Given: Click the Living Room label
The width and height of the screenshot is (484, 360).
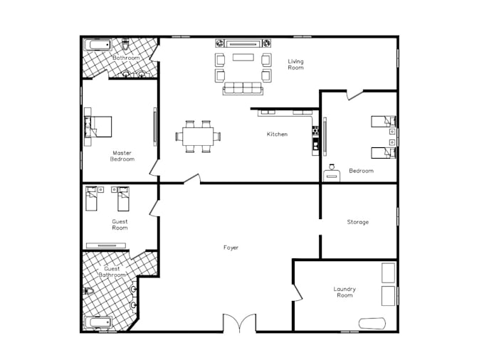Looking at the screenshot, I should [295, 64].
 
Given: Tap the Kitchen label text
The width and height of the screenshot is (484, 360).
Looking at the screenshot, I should [277, 134].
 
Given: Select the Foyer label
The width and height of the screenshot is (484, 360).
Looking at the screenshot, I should [231, 248].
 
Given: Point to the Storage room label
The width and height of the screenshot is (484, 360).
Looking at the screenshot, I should [357, 222].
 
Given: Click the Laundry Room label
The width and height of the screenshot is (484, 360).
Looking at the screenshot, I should [344, 292].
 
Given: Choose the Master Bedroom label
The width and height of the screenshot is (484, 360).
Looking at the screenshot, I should [122, 156].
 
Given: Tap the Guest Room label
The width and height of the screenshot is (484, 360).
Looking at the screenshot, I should [120, 225].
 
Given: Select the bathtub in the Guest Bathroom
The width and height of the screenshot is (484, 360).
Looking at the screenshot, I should [98, 322].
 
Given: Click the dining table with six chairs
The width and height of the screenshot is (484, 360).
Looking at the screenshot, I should [197, 136].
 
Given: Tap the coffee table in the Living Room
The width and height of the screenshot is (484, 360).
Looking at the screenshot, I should [243, 59].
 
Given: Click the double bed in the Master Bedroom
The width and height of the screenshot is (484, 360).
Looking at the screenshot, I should [99, 126].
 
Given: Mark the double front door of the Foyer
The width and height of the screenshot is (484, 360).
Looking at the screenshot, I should [239, 324].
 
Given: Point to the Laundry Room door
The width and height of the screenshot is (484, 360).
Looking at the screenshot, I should [297, 292].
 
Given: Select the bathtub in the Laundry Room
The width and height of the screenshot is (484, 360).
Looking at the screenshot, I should [372, 323].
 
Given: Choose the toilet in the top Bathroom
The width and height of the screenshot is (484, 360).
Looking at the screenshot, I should [125, 43].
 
